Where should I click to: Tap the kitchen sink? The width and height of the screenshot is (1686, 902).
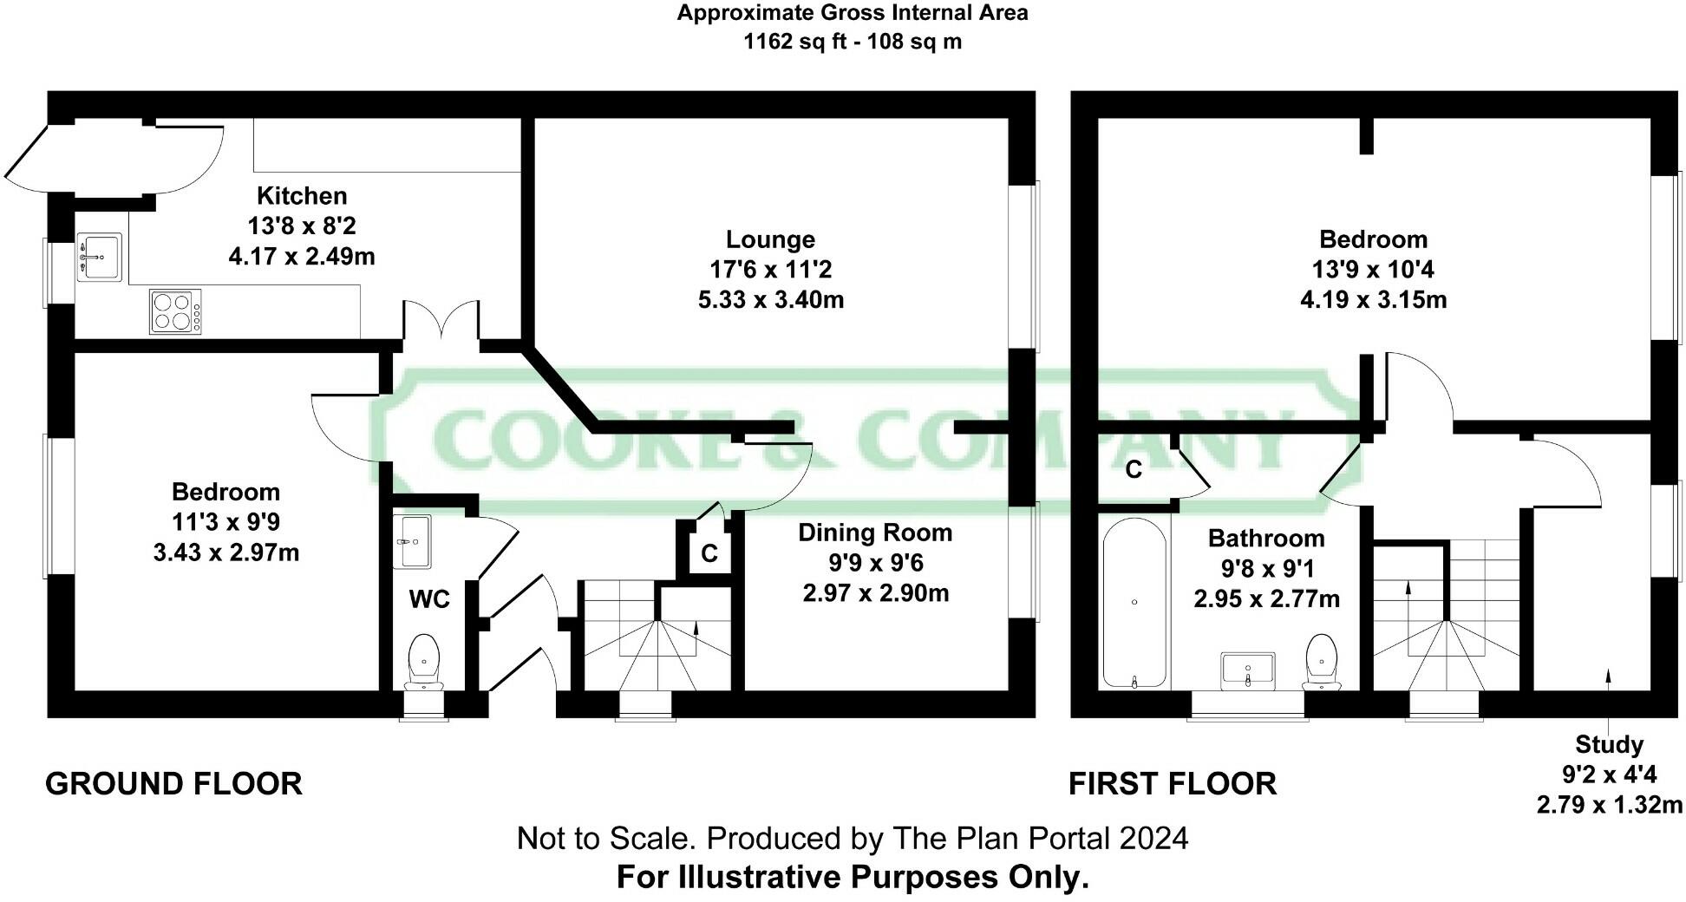[100, 257]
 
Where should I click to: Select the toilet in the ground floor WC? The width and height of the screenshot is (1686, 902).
[424, 662]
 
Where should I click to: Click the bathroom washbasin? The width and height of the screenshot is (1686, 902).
[1248, 670]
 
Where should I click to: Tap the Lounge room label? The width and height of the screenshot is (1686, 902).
[770, 239]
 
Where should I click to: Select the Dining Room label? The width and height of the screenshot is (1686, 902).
[875, 533]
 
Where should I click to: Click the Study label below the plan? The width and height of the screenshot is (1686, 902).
[1609, 745]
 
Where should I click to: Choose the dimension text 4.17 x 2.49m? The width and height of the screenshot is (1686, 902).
[302, 257]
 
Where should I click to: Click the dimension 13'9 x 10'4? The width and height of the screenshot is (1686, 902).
[1373, 270]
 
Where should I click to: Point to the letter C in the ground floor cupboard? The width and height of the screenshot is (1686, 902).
[709, 553]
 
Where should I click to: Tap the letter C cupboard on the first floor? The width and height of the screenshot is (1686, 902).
[1134, 470]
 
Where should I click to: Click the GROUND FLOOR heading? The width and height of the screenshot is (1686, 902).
[173, 784]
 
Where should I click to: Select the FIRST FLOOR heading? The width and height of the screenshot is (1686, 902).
[1172, 784]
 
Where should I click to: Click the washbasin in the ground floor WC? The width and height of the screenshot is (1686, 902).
[412, 542]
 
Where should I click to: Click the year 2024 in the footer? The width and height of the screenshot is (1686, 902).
[1153, 839]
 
